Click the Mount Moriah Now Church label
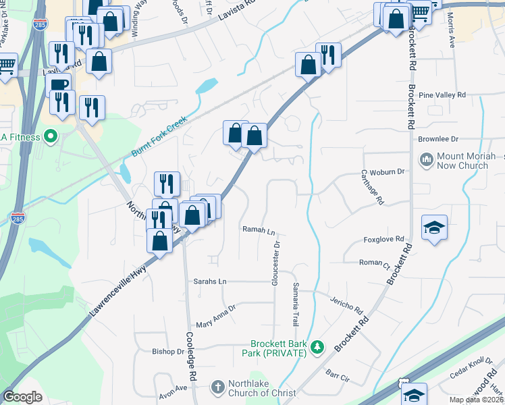tap(462, 161)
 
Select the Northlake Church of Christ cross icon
tap(217, 387)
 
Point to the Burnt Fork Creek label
tap(159, 136)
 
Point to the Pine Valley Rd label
tap(442, 95)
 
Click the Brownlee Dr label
tap(438, 138)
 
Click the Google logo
tap(23, 397)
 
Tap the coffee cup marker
tap(59, 84)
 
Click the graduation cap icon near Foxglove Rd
tap(434, 227)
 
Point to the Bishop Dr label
tap(168, 351)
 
